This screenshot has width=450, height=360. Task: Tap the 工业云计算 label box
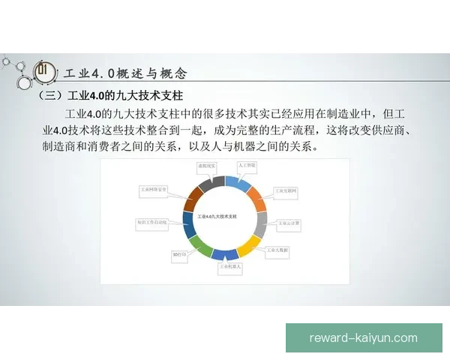tap(289, 223)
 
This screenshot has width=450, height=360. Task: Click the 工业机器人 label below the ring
tap(230, 266)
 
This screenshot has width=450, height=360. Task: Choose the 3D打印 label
tap(179, 254)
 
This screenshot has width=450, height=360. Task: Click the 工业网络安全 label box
tap(154, 190)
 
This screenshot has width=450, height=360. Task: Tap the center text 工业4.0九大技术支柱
tap(217, 216)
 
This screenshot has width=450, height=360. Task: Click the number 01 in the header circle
tap(43, 72)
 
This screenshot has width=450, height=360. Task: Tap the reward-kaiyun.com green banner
tap(363, 337)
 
